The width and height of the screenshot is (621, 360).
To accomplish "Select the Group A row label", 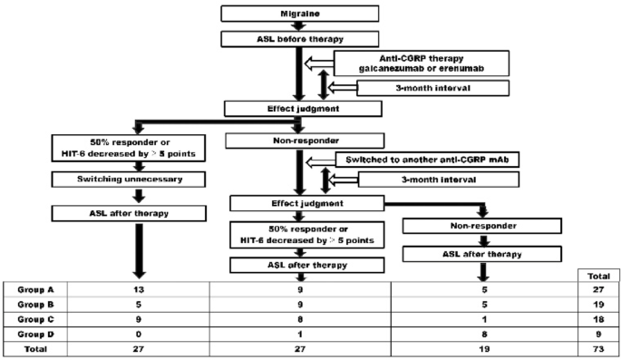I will coord(33,287).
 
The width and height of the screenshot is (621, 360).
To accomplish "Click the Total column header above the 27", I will coord(599,272).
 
